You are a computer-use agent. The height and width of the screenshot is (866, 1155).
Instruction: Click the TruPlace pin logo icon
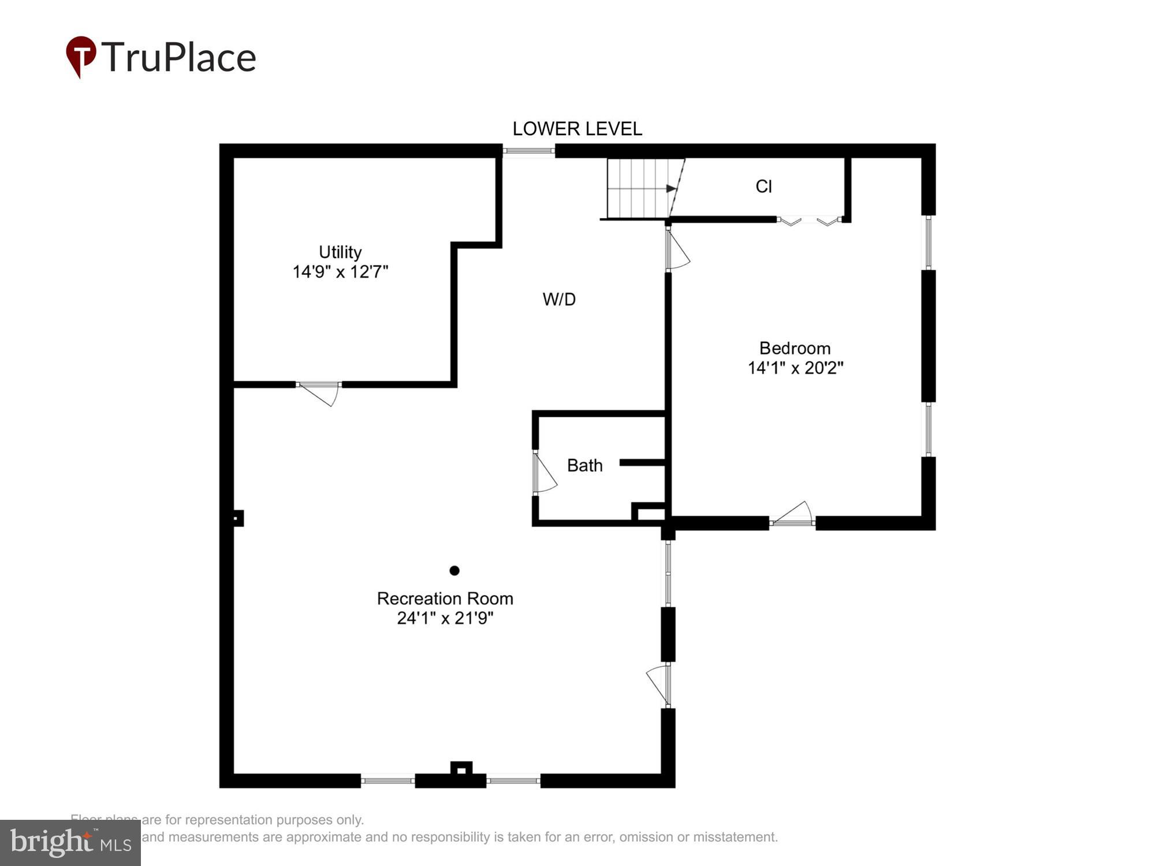tap(80, 56)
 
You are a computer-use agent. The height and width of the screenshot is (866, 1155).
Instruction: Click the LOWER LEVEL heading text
tap(577, 129)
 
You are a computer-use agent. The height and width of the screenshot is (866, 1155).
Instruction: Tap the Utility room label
tap(340, 252)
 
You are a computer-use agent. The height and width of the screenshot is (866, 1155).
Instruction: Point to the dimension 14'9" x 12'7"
tap(340, 272)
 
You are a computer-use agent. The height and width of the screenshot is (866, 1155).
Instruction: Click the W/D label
tap(559, 299)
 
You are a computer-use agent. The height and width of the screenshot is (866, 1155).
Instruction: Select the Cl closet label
tap(763, 186)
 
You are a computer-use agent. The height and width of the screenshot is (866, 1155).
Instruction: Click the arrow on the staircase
tap(670, 189)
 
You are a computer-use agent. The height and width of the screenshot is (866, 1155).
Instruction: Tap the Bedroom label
tap(795, 348)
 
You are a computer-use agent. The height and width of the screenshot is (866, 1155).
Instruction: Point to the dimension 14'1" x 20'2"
tap(795, 368)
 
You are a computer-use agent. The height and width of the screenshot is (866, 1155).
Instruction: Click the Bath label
tap(584, 465)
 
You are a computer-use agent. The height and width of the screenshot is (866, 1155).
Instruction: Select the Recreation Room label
tap(445, 599)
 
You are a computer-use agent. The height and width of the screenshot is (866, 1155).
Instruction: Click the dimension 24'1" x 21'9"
tap(445, 618)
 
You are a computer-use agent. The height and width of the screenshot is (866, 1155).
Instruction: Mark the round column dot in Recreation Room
tap(454, 570)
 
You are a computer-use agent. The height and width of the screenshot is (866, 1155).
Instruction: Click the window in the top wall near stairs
tap(528, 151)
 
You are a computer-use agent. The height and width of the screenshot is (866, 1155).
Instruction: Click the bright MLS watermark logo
tap(70, 843)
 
